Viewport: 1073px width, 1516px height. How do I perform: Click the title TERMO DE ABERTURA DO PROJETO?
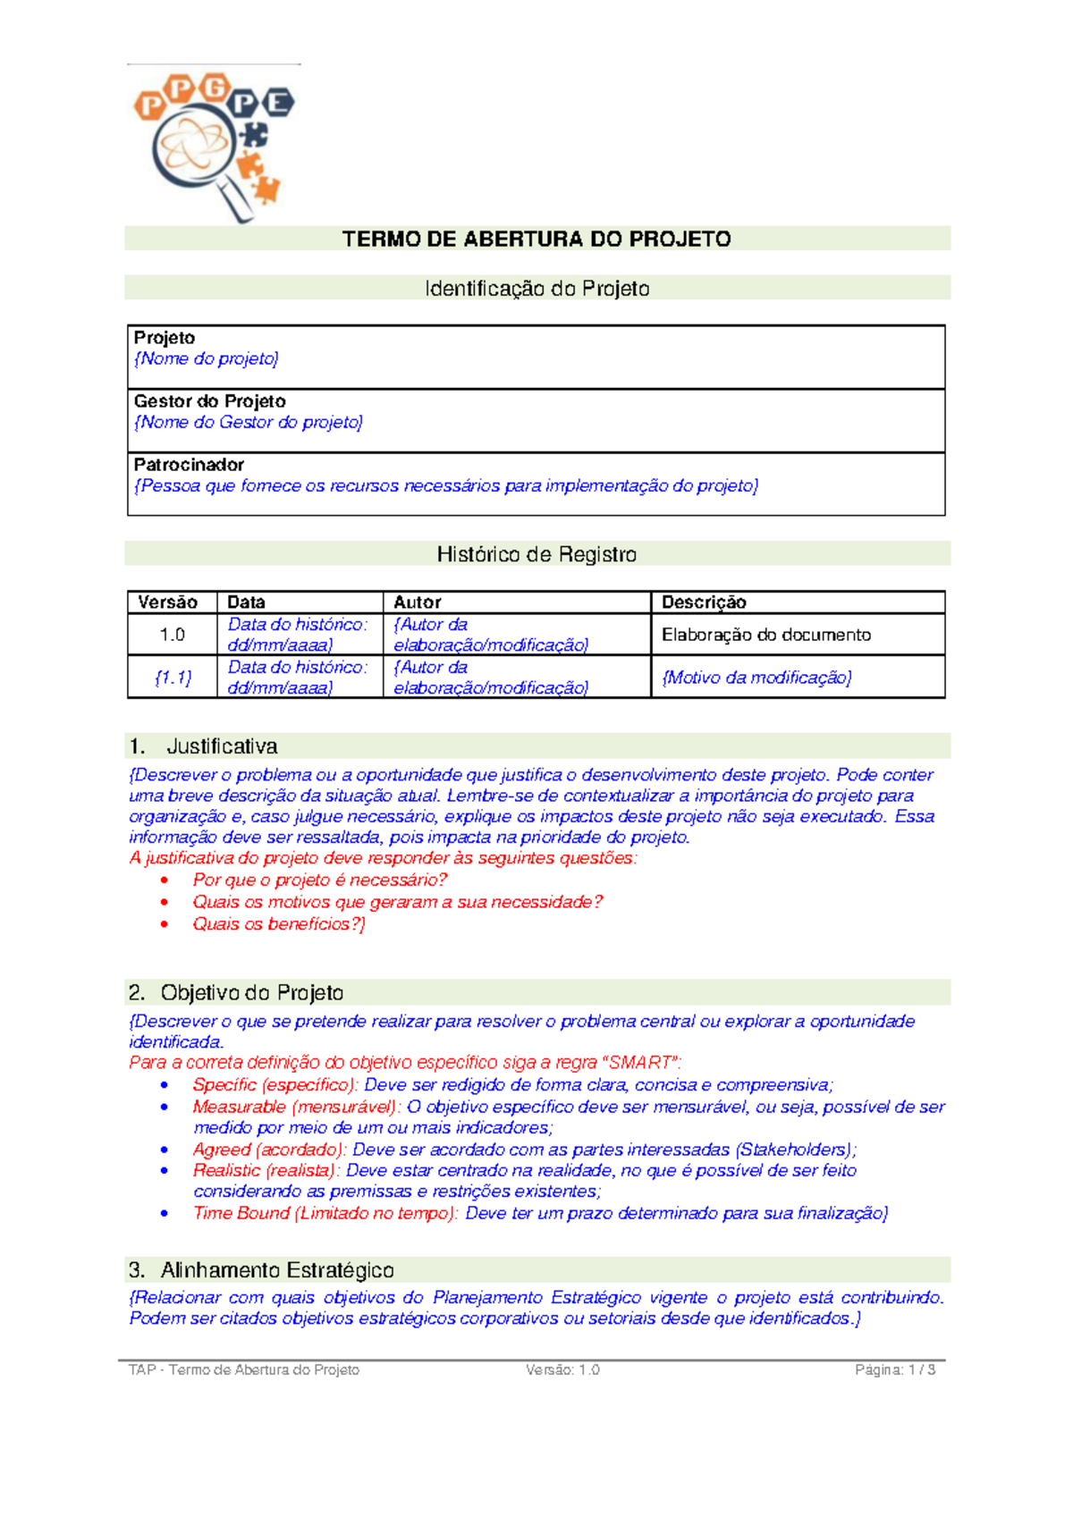536,239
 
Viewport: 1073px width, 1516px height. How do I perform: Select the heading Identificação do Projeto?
536,289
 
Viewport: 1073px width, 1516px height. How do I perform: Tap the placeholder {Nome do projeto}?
207,358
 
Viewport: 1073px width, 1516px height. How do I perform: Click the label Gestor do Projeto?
210,401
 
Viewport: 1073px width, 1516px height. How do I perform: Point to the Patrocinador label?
189,465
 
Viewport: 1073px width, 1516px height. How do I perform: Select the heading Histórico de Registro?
536,554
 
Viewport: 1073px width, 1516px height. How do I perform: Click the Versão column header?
168,602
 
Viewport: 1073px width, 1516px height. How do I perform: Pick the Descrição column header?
704,602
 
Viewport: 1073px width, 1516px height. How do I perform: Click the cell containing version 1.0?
172,635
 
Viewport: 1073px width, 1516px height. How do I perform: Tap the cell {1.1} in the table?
172,678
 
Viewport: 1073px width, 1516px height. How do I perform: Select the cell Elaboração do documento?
766,635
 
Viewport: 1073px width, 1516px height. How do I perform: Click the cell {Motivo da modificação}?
756,678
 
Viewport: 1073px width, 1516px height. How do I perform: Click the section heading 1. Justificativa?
204,746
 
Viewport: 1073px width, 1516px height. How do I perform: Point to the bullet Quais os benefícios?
278,924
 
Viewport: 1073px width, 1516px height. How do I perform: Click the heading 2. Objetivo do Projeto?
236,993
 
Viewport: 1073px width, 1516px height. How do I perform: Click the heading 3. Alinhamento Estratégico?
261,1270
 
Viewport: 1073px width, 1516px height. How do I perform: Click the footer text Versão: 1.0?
562,1369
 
